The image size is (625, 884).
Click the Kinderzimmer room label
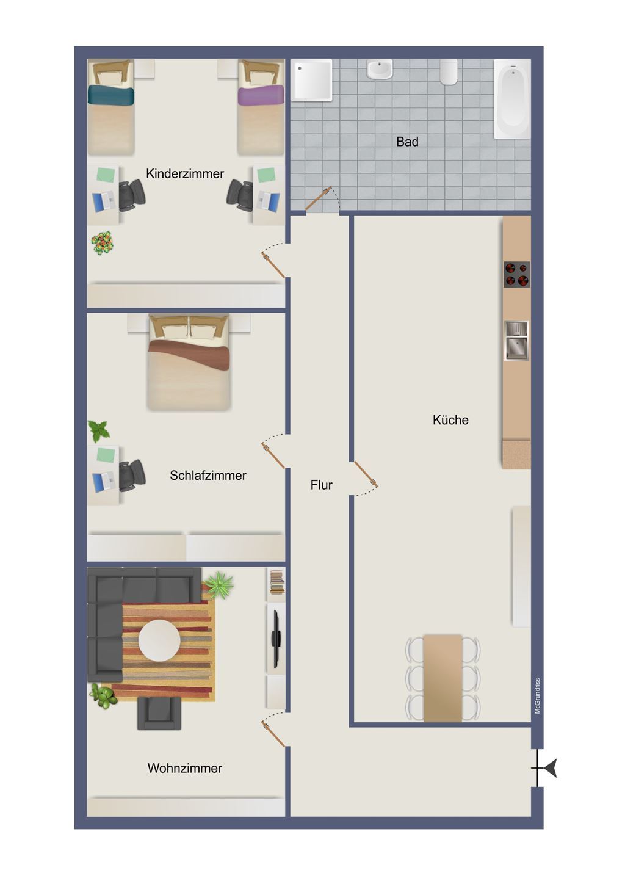tap(185, 173)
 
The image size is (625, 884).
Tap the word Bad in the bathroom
tap(407, 142)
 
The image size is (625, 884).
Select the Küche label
tap(450, 420)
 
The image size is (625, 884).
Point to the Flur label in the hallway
tap(321, 485)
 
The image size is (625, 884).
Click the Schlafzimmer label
tap(208, 476)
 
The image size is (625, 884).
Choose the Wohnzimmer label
tap(185, 768)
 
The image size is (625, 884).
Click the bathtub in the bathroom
tap(512, 99)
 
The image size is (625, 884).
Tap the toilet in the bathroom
tap(449, 71)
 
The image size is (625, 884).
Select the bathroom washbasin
tap(380, 69)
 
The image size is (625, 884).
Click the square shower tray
tap(311, 80)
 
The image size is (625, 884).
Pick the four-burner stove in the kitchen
tap(517, 274)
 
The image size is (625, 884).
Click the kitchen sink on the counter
tap(516, 341)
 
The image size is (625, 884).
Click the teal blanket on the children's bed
tap(111, 95)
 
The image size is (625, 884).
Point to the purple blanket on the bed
tap(261, 95)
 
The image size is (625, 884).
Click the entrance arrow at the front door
tap(550, 768)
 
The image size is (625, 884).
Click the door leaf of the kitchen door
tap(366, 474)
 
